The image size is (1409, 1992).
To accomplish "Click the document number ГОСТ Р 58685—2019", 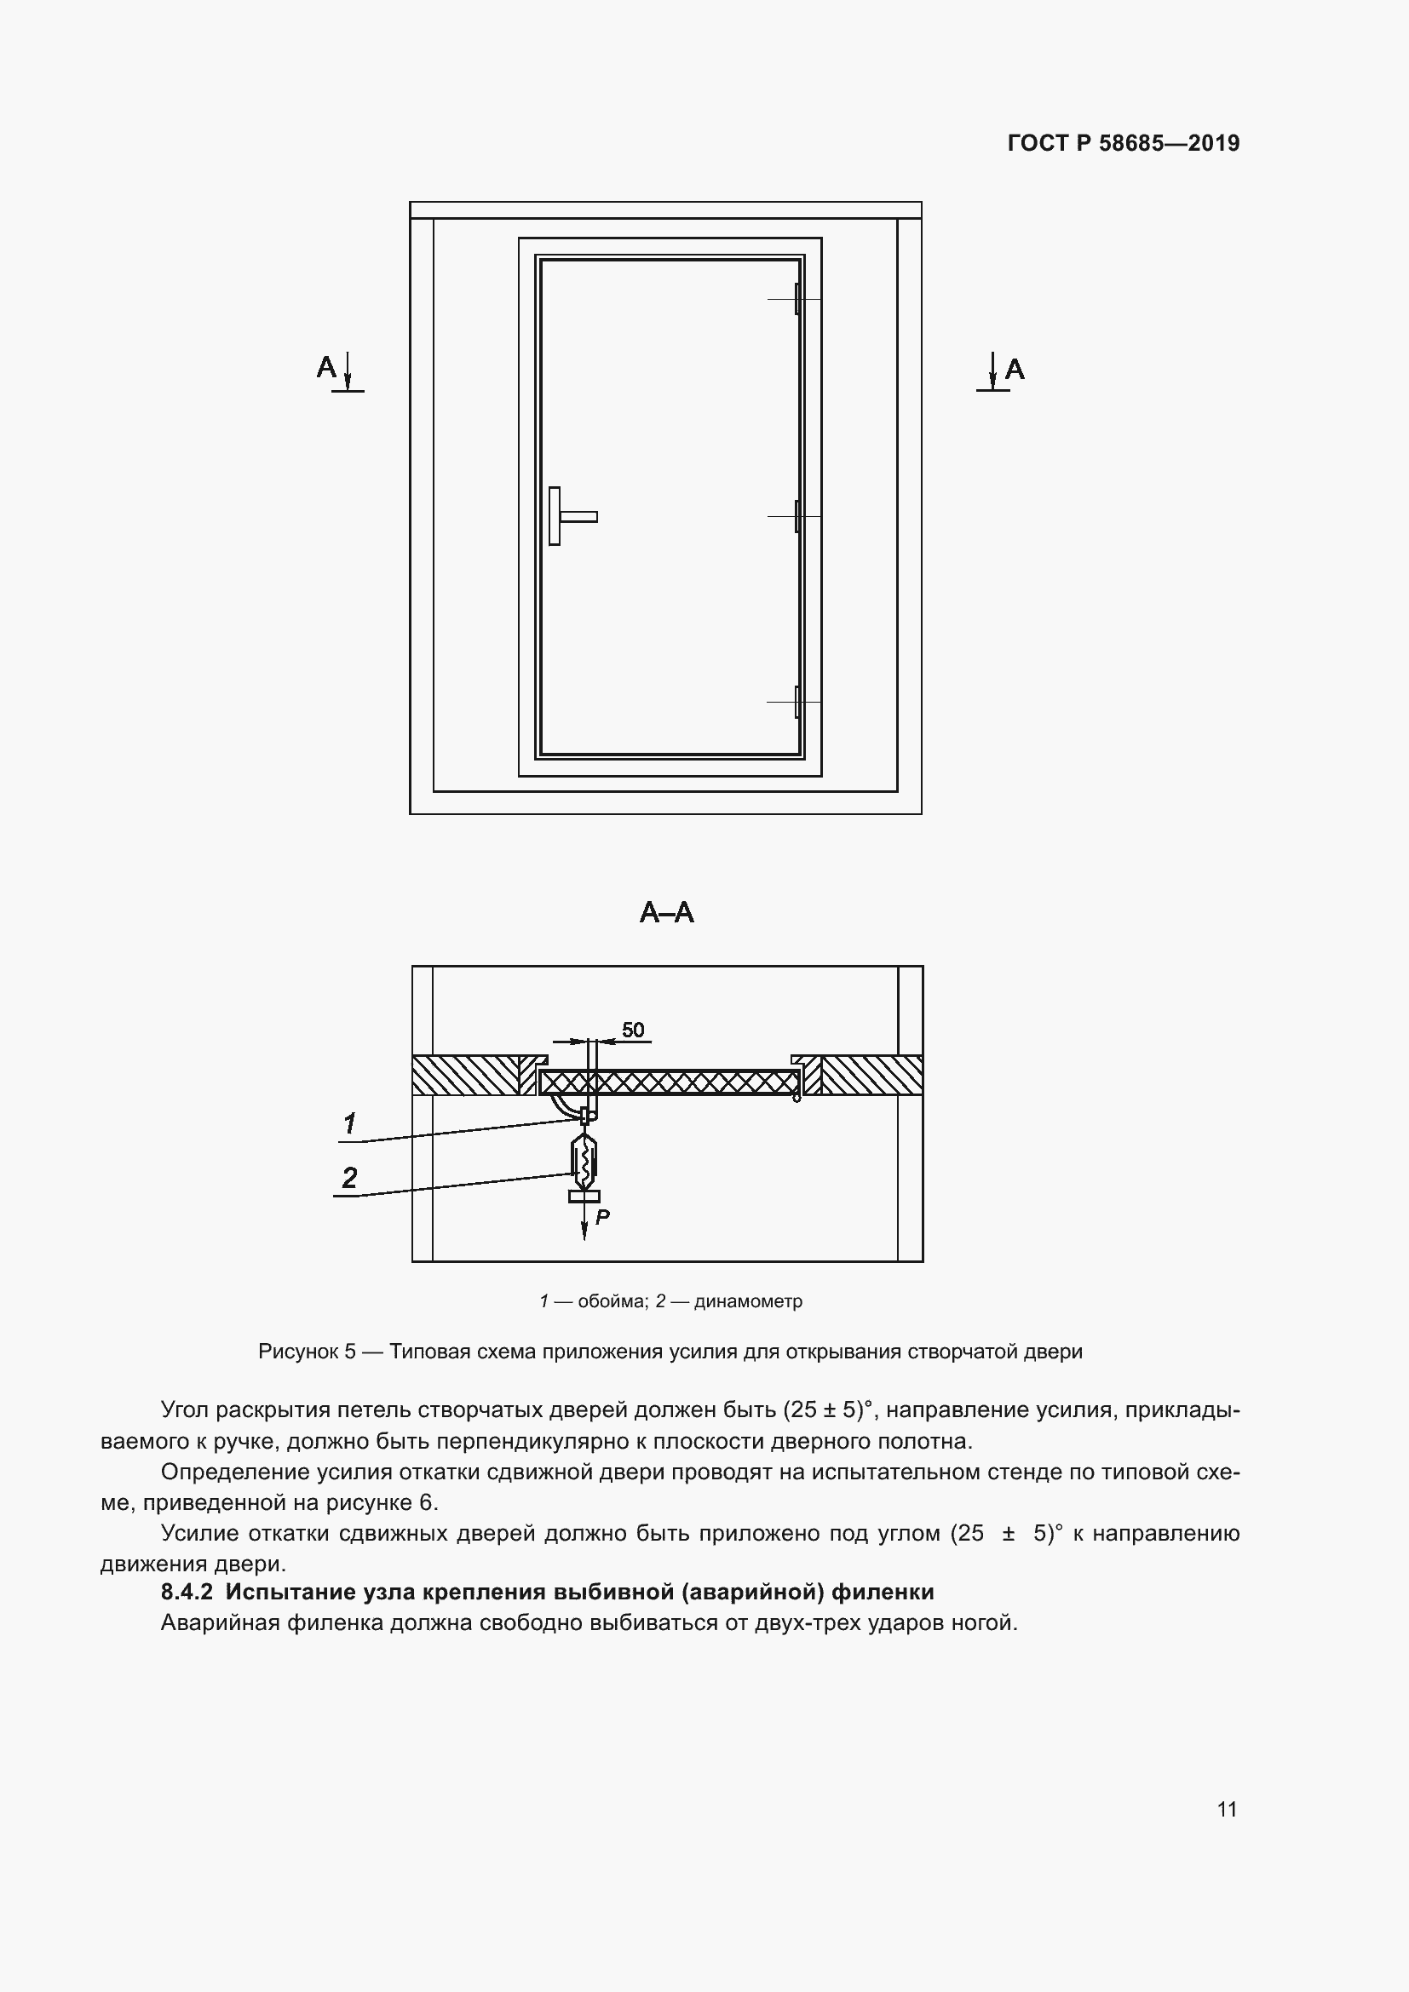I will coord(1124,143).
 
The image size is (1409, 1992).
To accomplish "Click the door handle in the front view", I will coord(568,516).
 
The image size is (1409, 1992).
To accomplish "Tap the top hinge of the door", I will coord(797,299).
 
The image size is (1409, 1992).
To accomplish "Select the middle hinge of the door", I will coord(797,516).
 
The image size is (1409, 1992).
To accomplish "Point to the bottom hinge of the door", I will coord(797,701).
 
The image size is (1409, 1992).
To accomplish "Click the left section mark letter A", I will coord(326,368).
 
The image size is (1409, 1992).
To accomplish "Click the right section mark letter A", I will coord(1015,370).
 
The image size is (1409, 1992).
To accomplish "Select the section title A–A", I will coord(666,913).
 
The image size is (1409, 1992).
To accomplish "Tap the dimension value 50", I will coord(633,1030).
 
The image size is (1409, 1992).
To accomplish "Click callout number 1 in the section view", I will coord(349,1124).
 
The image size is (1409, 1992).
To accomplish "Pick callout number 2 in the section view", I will coord(349,1178).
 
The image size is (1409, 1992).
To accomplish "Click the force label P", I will coord(603,1217).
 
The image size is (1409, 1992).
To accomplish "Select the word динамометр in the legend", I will coord(748,1301).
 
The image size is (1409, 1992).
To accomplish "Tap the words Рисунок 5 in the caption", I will coord(308,1352).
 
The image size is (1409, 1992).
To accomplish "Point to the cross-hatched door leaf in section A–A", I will coord(668,1082).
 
